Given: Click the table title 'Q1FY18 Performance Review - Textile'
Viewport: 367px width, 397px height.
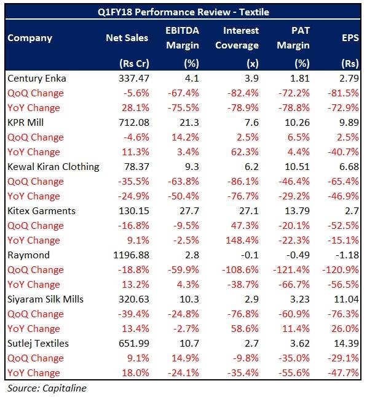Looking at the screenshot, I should [183, 12].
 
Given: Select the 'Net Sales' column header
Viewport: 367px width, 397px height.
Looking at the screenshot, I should [127, 38].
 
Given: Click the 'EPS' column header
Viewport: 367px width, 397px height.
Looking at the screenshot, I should [349, 38].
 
